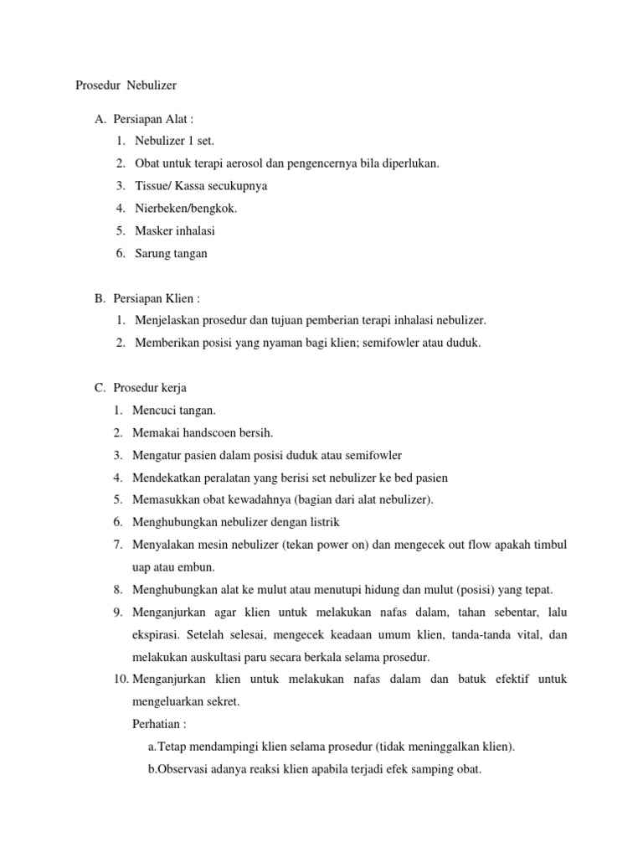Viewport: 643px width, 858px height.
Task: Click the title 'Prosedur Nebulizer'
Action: [x=126, y=85]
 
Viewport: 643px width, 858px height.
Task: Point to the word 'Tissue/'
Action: [x=153, y=185]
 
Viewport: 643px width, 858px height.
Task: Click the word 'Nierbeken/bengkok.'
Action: [x=180, y=208]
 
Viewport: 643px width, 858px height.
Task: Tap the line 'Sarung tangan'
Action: [x=171, y=253]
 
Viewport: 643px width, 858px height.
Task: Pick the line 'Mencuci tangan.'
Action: [x=174, y=411]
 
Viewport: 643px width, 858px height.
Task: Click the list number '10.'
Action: [x=119, y=680]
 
